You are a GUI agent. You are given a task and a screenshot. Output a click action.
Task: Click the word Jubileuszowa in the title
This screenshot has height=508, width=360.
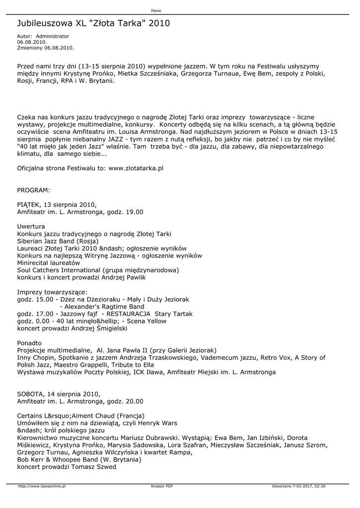(45, 23)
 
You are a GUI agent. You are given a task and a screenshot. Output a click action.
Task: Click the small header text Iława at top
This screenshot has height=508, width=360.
(155, 10)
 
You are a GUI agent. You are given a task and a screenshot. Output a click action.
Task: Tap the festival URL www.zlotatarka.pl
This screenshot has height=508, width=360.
(136, 168)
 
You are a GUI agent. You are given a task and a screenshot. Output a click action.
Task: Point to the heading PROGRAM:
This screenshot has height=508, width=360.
(33, 190)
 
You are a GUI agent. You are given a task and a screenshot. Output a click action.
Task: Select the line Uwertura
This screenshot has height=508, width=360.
(31, 226)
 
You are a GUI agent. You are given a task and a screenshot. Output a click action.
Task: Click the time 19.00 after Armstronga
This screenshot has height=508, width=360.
(134, 212)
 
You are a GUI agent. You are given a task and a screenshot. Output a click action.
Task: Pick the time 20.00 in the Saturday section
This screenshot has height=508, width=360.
(134, 401)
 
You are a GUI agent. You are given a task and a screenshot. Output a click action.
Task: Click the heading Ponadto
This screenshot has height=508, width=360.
(29, 343)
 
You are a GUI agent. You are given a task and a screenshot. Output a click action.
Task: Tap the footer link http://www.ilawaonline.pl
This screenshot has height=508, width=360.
(42, 486)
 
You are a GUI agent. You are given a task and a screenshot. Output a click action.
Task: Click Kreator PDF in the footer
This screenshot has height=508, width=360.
(162, 486)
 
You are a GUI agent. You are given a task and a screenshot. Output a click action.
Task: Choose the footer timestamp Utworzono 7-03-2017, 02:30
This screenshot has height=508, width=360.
(302, 486)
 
